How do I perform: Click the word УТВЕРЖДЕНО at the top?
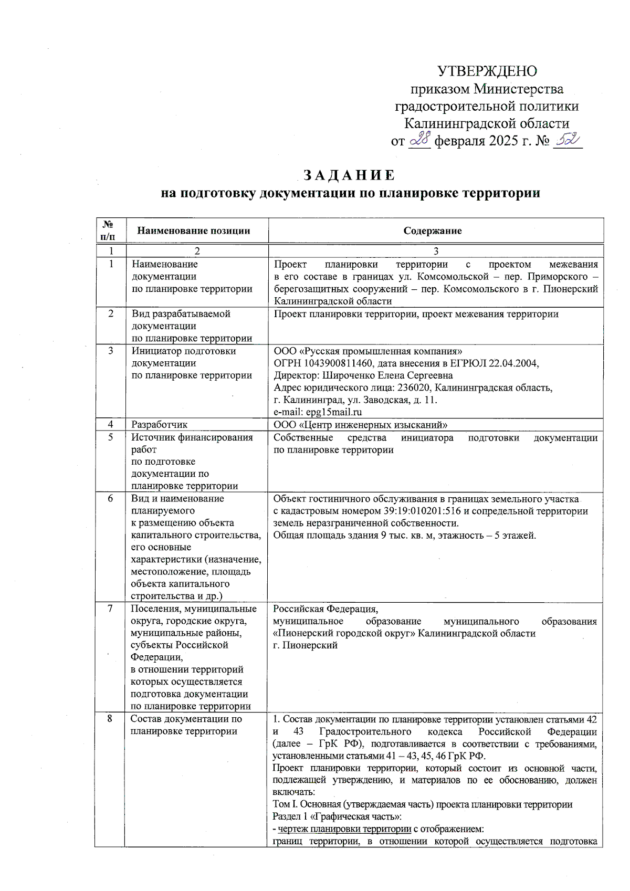coord(487,71)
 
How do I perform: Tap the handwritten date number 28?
coord(420,140)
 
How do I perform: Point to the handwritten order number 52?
coord(567,140)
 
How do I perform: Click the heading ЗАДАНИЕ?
coord(349,175)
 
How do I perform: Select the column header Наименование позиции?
coord(194,230)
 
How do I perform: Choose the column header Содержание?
coord(433,230)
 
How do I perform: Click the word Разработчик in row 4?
coord(159,425)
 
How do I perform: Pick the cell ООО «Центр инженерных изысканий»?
coord(361,425)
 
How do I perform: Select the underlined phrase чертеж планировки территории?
coord(344,829)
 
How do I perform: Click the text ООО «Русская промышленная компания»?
coord(368,351)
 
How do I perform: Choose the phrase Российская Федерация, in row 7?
coord(325,609)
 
